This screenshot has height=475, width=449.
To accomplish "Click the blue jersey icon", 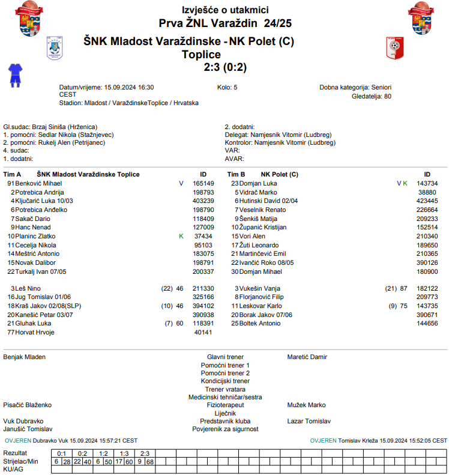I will (14, 75).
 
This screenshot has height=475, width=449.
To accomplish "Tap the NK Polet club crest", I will (394, 47).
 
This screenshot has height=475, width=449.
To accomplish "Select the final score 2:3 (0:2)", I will (225, 67).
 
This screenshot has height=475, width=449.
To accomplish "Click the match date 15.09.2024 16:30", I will (129, 87).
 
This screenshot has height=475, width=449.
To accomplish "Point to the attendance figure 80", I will (387, 95).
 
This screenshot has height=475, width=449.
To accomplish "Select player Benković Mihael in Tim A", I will (38, 183).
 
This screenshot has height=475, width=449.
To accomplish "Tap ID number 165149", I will (203, 183).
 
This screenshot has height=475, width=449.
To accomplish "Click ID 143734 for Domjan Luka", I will (427, 183).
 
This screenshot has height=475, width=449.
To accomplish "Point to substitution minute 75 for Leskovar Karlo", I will (403, 306).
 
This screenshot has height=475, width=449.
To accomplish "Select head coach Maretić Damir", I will (307, 357).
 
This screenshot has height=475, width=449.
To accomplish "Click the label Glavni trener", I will (225, 357).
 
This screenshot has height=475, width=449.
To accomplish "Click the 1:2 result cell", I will (103, 453).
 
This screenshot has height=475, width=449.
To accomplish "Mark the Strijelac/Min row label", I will (21, 461).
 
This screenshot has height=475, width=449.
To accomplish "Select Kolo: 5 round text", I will (227, 87).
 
